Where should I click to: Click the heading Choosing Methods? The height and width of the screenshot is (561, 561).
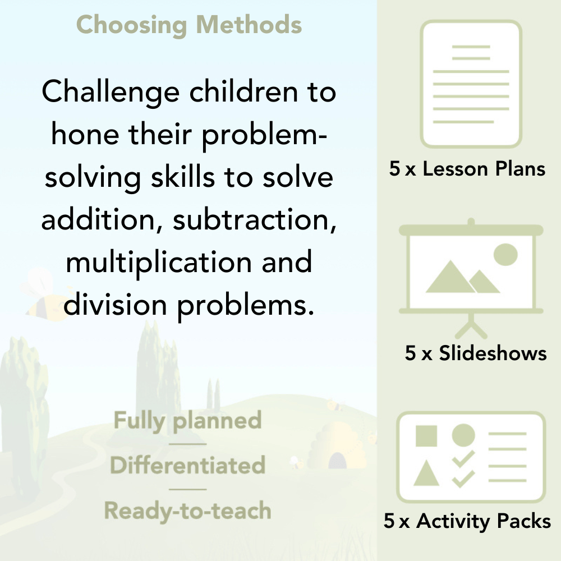coord(188,25)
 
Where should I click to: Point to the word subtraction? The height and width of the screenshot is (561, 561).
coord(254,219)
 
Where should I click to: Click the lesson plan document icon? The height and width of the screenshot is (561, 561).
coord(471,84)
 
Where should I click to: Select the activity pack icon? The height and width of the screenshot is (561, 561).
coord(471,457)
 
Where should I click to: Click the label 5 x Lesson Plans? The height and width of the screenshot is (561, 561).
coord(467,169)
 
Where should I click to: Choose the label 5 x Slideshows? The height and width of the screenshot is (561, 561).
coord(476,353)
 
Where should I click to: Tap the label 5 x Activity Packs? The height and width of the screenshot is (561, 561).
coord(467,521)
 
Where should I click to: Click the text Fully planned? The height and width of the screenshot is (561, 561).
coord(188,421)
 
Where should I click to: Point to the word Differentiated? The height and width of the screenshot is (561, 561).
coord(187,466)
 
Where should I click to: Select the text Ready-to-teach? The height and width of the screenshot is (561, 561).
coord(187,511)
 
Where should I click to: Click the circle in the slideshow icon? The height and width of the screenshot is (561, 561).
coord(505,254)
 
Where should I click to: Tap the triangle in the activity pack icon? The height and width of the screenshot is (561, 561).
coord(426,474)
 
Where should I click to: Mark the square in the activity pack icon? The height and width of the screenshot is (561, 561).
coord(426,435)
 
